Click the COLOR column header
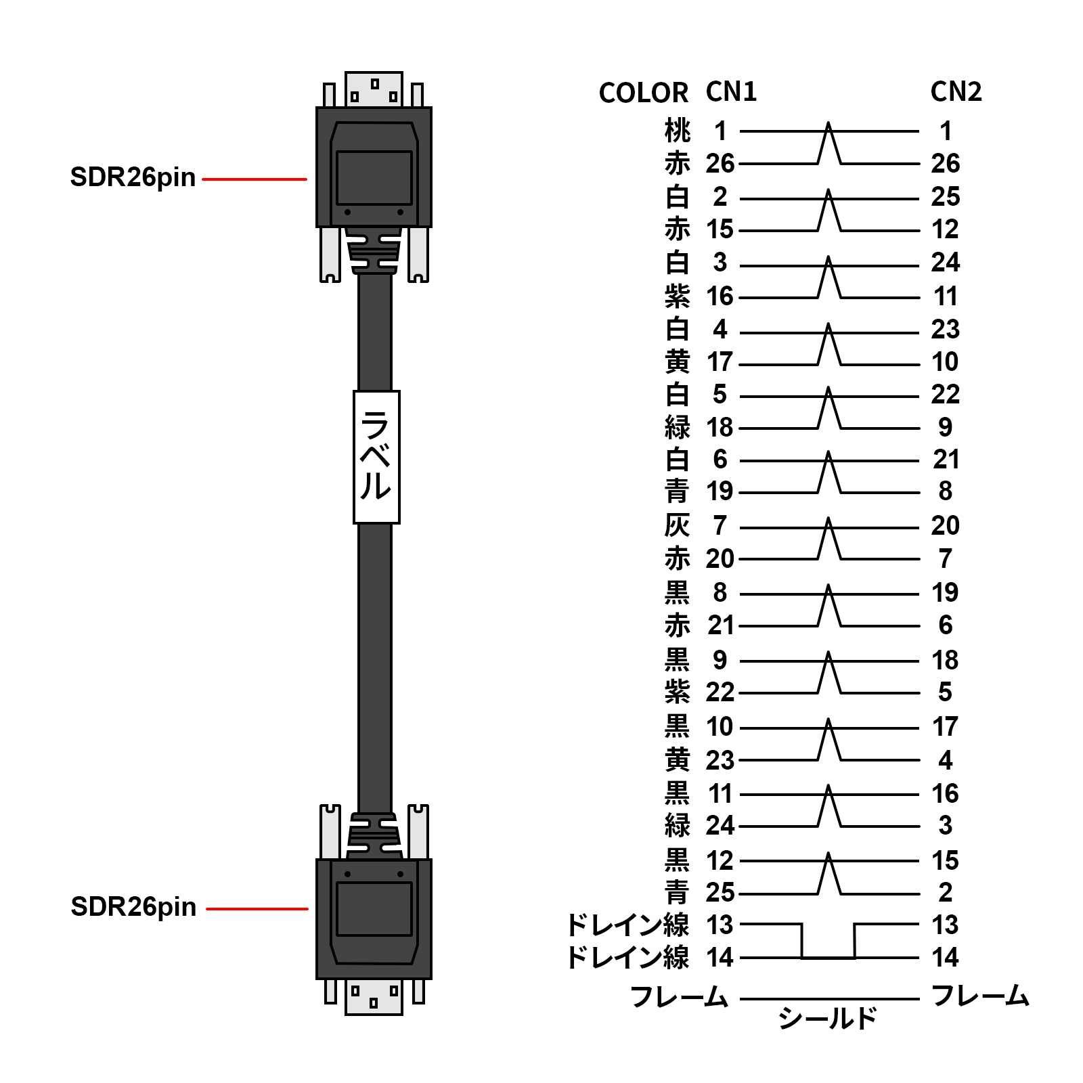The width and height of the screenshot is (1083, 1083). click(x=643, y=93)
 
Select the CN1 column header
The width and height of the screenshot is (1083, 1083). click(x=731, y=92)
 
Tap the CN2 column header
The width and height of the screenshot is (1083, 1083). click(x=956, y=92)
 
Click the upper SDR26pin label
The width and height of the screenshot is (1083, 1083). click(x=133, y=177)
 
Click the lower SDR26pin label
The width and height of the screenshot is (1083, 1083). click(x=133, y=907)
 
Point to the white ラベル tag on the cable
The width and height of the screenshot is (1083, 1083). click(x=376, y=457)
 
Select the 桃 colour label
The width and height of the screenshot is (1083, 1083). click(x=678, y=131)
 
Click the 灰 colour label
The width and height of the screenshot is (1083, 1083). click(x=678, y=526)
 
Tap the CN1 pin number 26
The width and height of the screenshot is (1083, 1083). click(x=720, y=164)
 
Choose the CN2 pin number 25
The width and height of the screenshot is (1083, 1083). click(x=946, y=197)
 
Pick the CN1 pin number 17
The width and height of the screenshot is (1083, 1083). click(x=720, y=362)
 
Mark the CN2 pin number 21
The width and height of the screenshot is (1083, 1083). click(x=946, y=460)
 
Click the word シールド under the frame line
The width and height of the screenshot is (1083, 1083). click(x=827, y=1018)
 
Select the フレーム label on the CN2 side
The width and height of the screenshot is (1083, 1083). click(x=980, y=996)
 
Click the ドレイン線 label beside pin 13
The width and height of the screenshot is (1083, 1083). click(x=627, y=925)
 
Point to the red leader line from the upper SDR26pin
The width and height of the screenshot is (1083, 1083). click(x=255, y=179)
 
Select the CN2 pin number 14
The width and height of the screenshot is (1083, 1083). click(x=946, y=958)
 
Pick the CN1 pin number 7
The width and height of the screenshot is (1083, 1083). click(x=720, y=526)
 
